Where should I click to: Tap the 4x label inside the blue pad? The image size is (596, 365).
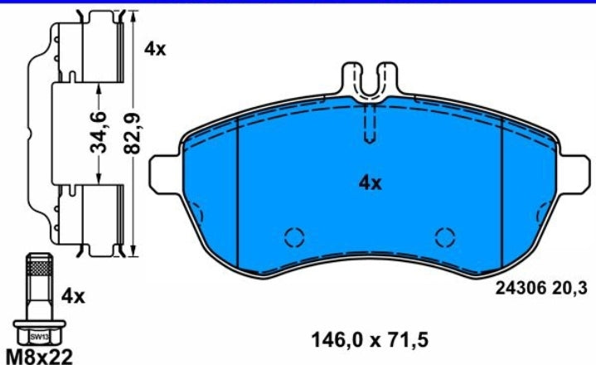pos(370,183)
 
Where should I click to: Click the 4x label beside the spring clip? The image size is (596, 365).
pos(155,49)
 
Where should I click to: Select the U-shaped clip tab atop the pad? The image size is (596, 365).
pos(371,81)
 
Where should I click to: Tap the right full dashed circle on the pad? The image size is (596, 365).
pos(446,237)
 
